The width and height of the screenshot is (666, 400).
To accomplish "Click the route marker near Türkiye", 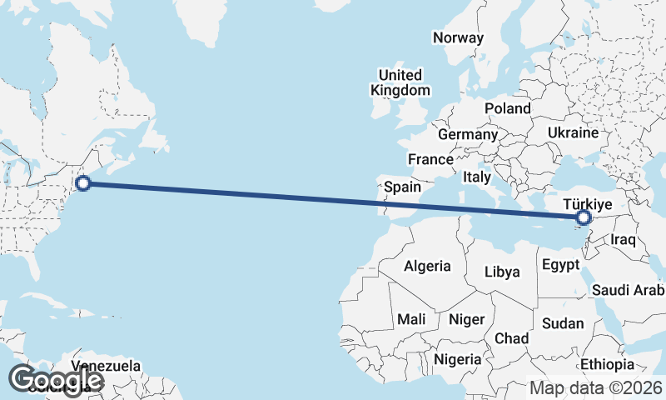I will pyautogui.click(x=584, y=218).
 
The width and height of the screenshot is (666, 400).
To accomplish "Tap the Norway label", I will pyautogui.click(x=458, y=37).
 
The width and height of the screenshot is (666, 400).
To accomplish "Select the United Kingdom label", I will pyautogui.click(x=400, y=82).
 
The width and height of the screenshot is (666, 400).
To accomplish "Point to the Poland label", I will pyautogui.click(x=507, y=108).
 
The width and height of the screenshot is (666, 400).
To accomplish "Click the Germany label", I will pyautogui.click(x=467, y=134).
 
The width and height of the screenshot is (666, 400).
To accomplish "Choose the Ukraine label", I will pyautogui.click(x=573, y=132).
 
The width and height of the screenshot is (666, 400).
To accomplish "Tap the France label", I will pyautogui.click(x=430, y=159).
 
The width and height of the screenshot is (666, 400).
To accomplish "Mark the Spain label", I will pyautogui.click(x=402, y=187).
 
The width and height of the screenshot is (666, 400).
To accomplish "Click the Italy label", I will pyautogui.click(x=477, y=177).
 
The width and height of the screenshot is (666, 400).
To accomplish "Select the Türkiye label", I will pyautogui.click(x=588, y=204).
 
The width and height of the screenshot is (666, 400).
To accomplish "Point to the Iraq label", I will pyautogui.click(x=623, y=240).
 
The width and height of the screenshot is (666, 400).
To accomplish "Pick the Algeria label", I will pyautogui.click(x=427, y=267).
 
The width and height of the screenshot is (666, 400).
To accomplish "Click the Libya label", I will pyautogui.click(x=502, y=272).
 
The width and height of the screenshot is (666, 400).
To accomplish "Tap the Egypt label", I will pyautogui.click(x=559, y=266).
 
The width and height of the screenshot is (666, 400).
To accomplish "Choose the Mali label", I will pyautogui.click(x=411, y=319).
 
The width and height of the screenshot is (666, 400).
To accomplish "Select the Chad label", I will pyautogui.click(x=511, y=338).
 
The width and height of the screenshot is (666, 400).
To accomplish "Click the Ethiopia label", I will pyautogui.click(x=608, y=365).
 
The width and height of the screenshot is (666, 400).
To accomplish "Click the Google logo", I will pyautogui.click(x=55, y=381).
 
